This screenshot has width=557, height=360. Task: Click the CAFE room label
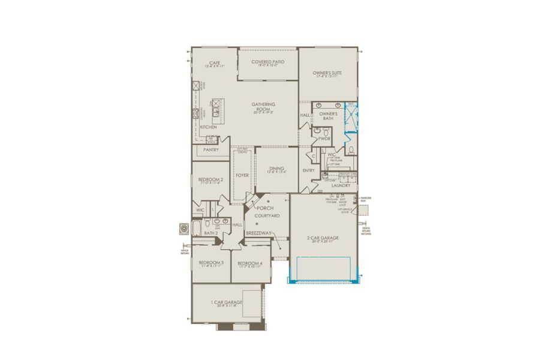point(214,62)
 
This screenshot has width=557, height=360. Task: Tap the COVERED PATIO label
point(268,62)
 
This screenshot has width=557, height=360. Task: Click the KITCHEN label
point(208,127)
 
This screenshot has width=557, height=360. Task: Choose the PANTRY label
point(211,150)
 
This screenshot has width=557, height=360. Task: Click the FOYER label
point(242,175)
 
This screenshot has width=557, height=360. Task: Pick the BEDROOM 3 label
point(211,262)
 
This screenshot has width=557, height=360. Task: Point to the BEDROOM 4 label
point(249,263)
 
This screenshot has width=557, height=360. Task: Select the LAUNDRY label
point(340,186)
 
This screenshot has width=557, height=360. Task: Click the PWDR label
point(324,139)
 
